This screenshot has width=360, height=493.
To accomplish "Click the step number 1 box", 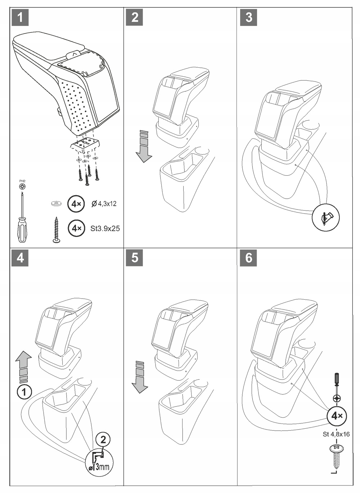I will pyautogui.click(x=20, y=17).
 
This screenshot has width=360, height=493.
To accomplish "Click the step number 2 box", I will pyautogui.click(x=135, y=17).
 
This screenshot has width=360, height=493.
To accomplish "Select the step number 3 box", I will pyautogui.click(x=249, y=17).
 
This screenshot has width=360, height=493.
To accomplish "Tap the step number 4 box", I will pyautogui.click(x=20, y=258).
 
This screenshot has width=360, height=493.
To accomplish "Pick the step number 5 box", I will pyautogui.click(x=135, y=258).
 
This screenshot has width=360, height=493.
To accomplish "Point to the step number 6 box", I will pyautogui.click(x=249, y=258).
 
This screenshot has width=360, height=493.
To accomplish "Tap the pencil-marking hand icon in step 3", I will pyautogui.click(x=325, y=217).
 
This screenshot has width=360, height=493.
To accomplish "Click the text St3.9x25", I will pyautogui.click(x=105, y=228).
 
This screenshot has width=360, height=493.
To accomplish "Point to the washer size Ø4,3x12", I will pyautogui.click(x=104, y=204).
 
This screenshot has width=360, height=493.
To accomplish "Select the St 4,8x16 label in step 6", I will pyautogui.click(x=336, y=434).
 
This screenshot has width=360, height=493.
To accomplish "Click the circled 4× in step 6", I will pyautogui.click(x=336, y=416).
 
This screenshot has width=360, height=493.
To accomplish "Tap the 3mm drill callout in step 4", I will pyautogui.click(x=99, y=462).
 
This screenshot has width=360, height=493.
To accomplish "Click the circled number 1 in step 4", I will pyautogui.click(x=24, y=391).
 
